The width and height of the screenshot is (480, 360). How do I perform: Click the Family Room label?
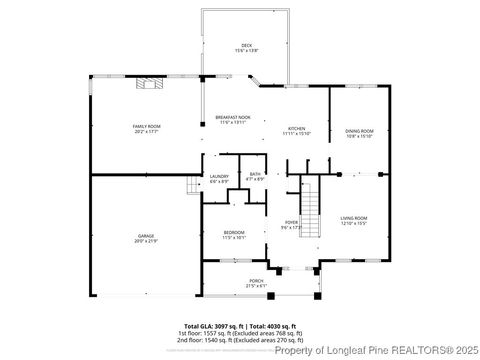(x=146, y=126)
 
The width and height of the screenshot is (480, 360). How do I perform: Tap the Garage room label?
(x=146, y=236)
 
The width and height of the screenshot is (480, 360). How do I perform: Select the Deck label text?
(x=246, y=44)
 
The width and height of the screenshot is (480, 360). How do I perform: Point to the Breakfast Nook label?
(x=233, y=118)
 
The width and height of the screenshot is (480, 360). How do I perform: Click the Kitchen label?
(x=297, y=128)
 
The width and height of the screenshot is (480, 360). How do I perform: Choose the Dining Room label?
(x=359, y=131)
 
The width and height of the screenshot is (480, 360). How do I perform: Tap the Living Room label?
(x=354, y=217)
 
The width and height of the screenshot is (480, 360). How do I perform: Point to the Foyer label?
(x=291, y=222)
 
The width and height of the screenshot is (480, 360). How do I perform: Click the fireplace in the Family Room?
(x=148, y=85)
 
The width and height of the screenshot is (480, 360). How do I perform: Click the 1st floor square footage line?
(x=240, y=333)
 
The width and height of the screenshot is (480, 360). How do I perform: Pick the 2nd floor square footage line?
(x=240, y=340)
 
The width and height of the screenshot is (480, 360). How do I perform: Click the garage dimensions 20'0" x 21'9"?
(x=146, y=241)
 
